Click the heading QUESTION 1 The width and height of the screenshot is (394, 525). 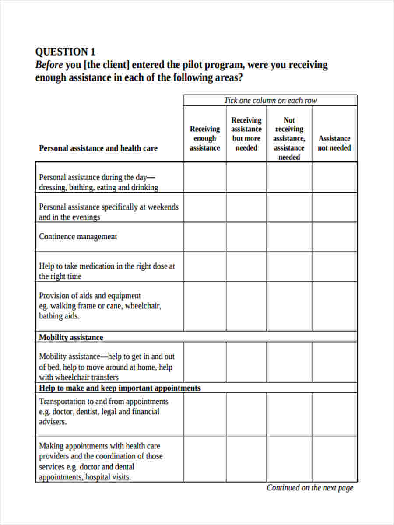coord(65,52)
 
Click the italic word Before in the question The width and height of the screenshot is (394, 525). coord(49,65)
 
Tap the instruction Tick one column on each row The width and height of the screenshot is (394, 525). coord(270,100)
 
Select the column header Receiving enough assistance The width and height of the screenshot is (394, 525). coord(204,138)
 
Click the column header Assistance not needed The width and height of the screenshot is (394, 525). coord(334,143)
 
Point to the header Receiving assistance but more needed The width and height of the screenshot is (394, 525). coord(246,133)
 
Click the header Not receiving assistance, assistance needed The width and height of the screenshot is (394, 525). coord(289,138)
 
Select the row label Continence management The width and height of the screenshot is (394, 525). coord(78,237)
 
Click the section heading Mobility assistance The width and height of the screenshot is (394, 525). coord(71,337)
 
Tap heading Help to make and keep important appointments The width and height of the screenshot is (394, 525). coord(120,388)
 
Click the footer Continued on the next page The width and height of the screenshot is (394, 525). coord(310,488)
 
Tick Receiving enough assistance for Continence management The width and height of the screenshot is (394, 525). coord(204,237)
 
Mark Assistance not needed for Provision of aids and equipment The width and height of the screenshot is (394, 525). coord(334,306)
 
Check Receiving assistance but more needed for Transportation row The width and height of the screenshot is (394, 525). coord(246,414)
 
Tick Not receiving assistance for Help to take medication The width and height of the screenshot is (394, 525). coord(289,266)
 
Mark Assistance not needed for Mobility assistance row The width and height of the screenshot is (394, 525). coord(334,362)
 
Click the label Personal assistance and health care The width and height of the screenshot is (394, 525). coord(98,148)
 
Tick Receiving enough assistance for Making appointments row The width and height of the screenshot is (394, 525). coord(204,459)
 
